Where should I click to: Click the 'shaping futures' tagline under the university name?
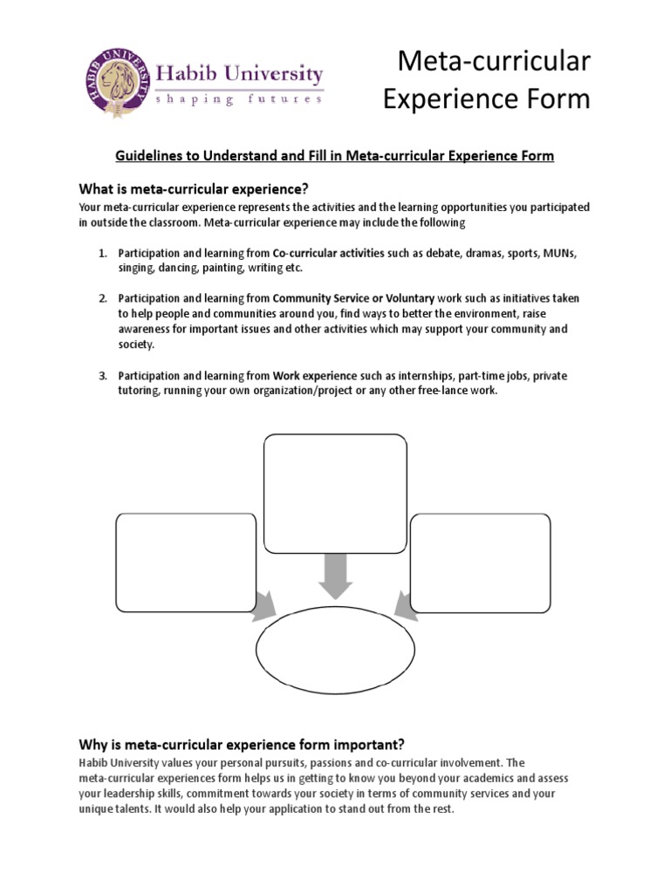point(238,100)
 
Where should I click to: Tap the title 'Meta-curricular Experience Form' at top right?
point(487,81)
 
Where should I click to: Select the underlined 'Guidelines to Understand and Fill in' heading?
point(335,156)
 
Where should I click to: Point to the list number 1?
point(102,253)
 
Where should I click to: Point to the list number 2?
point(102,298)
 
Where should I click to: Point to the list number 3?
point(102,375)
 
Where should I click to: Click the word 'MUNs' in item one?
point(560,253)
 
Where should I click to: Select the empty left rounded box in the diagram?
point(186,563)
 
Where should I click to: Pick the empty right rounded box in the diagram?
point(480,563)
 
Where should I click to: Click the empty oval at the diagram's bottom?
point(335,650)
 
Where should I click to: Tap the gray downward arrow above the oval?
point(335,573)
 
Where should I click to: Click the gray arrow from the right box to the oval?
point(406,605)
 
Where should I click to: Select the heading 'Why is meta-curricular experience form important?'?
point(242,745)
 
